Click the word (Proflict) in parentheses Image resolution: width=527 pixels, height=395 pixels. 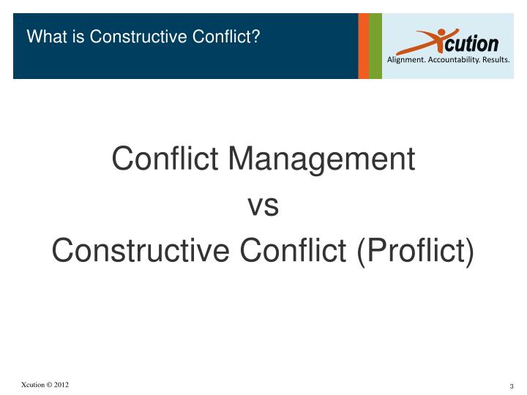tap(415, 252)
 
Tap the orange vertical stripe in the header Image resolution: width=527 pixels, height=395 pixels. tap(363, 45)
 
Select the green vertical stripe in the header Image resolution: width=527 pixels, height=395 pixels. tap(375, 45)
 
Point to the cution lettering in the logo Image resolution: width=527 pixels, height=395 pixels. tap(474, 43)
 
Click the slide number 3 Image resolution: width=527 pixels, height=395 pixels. tap(512, 386)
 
